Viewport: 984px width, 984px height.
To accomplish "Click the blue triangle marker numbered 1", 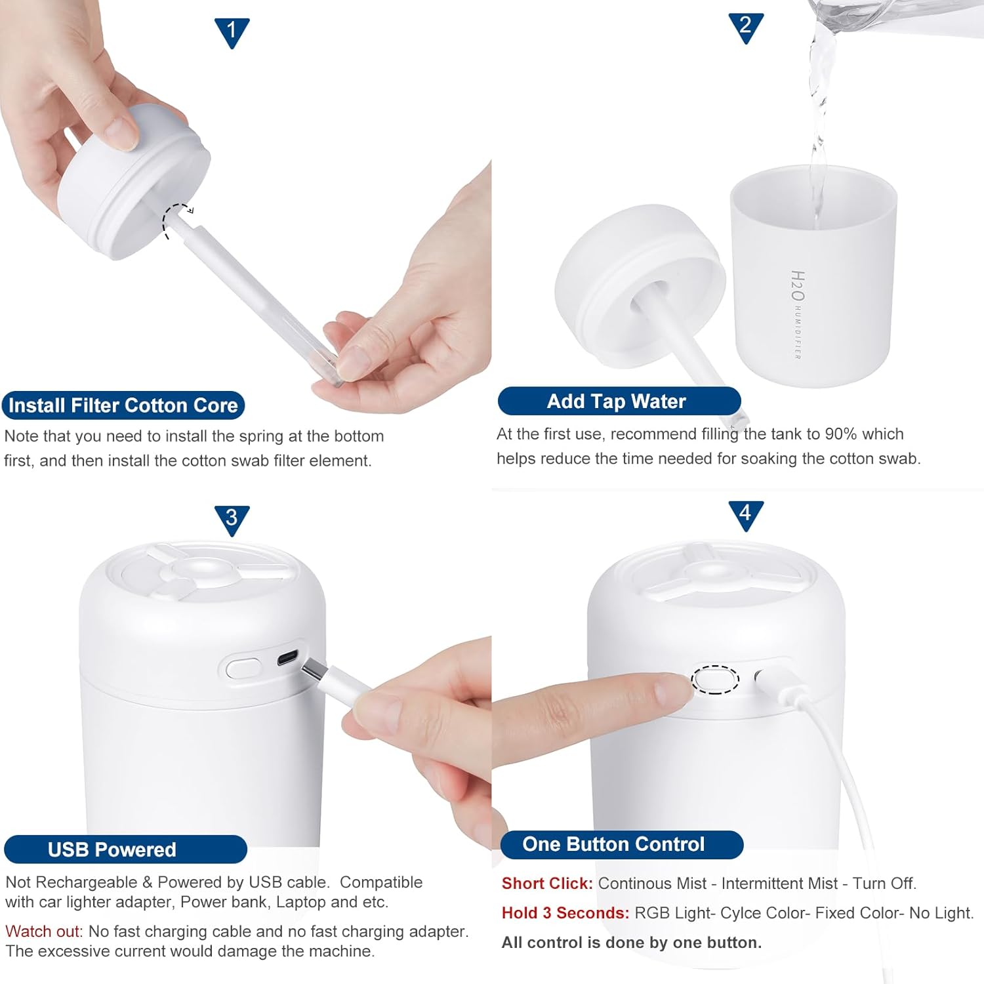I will [x=232, y=31].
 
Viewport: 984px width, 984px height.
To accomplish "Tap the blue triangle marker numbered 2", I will [x=745, y=27].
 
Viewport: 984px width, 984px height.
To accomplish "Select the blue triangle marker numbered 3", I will [x=232, y=519].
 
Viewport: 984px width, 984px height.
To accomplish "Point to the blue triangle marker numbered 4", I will [x=745, y=514].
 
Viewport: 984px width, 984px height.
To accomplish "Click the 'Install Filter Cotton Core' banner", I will [x=123, y=405].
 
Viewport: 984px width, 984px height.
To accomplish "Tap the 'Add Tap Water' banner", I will [x=619, y=401].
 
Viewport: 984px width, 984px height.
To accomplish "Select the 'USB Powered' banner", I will [x=125, y=850].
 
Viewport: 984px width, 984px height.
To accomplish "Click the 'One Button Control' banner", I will [x=621, y=844].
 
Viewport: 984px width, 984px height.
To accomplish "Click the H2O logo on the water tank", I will [x=798, y=286].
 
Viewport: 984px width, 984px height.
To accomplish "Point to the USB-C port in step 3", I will [x=287, y=658].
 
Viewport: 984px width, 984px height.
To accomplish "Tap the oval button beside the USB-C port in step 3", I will [x=243, y=668].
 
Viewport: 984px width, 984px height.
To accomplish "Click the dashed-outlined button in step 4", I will [x=715, y=680].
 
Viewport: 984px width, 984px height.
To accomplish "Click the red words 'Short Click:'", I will [x=547, y=884].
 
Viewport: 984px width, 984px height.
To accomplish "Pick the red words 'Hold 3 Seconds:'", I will [x=565, y=913].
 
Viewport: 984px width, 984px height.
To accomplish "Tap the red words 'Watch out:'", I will [x=44, y=932].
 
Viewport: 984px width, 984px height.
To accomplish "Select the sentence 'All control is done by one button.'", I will [x=631, y=943].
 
